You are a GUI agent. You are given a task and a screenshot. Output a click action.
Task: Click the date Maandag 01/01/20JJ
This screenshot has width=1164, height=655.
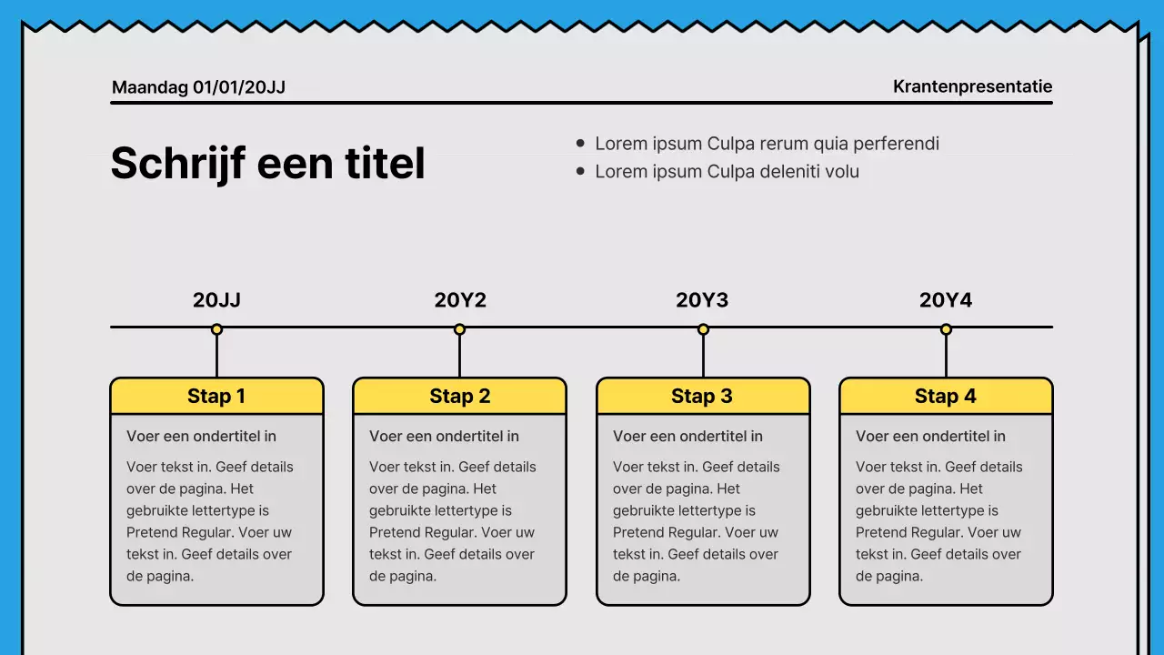coord(198,87)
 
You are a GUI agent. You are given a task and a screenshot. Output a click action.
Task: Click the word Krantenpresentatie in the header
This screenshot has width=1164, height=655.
coord(972,86)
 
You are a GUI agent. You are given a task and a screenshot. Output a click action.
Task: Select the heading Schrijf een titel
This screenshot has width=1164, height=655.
coord(267,164)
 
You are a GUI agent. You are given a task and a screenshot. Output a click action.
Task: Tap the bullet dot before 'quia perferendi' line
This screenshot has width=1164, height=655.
coord(581,143)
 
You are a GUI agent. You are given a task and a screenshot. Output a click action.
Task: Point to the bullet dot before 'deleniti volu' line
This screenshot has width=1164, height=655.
coord(581,171)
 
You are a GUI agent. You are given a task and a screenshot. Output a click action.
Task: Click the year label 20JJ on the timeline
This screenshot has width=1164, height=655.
coord(216,300)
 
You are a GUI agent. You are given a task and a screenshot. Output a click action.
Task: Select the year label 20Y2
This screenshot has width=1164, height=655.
coord(460,300)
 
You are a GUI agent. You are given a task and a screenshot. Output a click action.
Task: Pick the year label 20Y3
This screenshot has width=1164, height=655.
coord(702,300)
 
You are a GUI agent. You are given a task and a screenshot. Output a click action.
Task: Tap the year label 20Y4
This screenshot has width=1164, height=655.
coord(946,300)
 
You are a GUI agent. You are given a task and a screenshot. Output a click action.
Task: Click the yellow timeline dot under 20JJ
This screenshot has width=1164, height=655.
coord(216,329)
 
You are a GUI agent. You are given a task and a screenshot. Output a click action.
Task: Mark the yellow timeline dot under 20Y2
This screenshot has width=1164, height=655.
coord(460,329)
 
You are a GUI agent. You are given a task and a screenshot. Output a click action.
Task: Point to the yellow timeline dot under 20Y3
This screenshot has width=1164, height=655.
coord(703,329)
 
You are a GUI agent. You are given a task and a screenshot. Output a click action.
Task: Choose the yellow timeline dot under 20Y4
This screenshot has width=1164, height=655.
coord(946,329)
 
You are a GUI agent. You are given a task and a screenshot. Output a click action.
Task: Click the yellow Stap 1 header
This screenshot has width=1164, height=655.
coord(216,396)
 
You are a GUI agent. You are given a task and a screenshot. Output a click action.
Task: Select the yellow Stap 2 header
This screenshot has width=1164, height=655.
coord(459,396)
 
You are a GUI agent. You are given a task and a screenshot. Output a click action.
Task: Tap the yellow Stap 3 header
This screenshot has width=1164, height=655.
coord(703,396)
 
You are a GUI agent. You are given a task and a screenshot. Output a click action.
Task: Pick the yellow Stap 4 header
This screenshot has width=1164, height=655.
coord(946,396)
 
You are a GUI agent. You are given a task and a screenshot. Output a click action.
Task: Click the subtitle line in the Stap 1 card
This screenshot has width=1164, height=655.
coord(201,437)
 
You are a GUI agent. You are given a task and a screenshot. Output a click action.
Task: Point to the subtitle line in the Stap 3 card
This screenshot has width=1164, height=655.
coord(687,437)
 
